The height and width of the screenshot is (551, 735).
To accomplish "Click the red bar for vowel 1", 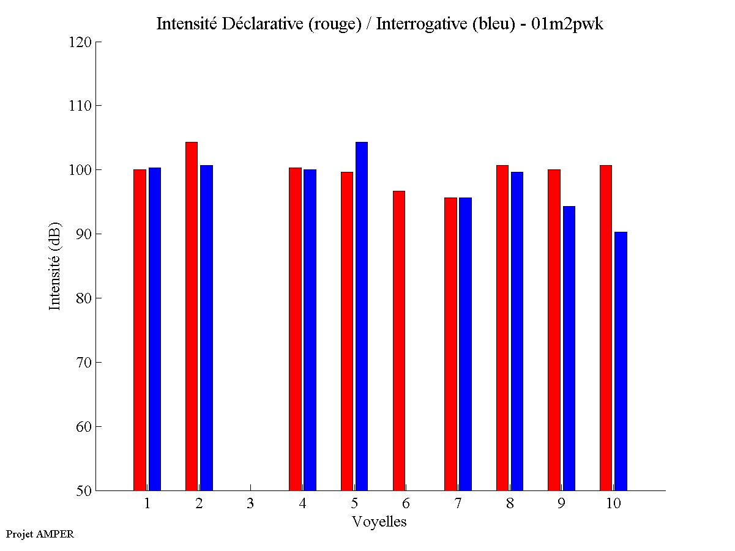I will point(140,330).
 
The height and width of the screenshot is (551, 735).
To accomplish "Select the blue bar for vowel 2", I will point(206,328).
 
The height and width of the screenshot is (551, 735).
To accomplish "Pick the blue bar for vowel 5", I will point(362,316).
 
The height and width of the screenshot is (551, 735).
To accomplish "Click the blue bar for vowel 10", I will point(621,361).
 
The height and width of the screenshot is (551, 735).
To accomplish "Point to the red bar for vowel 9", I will point(554,330).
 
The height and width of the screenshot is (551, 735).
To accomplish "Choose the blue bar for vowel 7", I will point(465,344).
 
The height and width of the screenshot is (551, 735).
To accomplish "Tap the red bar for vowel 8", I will point(502,328).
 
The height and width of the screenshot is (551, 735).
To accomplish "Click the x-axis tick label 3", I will point(250,504).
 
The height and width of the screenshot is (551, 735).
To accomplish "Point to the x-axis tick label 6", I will point(406,504).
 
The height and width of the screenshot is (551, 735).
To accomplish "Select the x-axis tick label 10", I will point(613,504).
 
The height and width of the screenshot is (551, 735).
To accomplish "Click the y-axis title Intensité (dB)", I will point(55,266).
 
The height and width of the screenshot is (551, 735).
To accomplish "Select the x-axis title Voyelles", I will point(379,522).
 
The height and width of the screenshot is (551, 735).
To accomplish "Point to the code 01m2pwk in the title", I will point(567,24).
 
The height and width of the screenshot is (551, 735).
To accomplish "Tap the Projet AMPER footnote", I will point(40,534).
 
